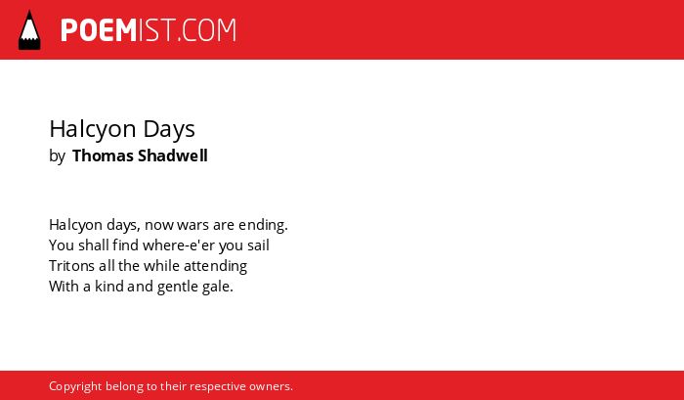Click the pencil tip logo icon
pyautogui.click(x=29, y=30)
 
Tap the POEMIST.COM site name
pyautogui.click(x=149, y=30)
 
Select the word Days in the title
pyautogui.click(x=169, y=129)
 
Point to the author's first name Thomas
pyautogui.click(x=103, y=156)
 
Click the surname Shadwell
pyautogui.click(x=173, y=156)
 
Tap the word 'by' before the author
pyautogui.click(x=57, y=156)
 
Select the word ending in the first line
pyautogui.click(x=263, y=225)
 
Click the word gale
pyautogui.click(x=218, y=288)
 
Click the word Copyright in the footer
pyautogui.click(x=75, y=387)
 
